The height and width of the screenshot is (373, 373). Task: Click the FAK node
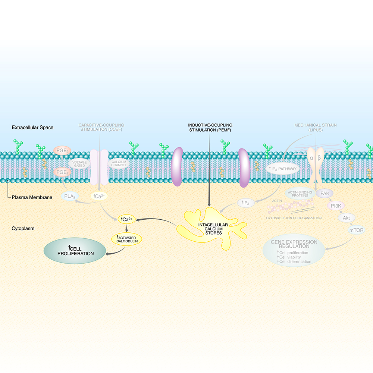(325, 193)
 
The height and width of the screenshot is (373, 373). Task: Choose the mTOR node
(356, 230)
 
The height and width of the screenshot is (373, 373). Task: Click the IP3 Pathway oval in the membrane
(282, 169)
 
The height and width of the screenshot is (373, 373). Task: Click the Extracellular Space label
(32, 128)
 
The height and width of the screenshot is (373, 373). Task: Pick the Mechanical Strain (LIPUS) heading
(315, 128)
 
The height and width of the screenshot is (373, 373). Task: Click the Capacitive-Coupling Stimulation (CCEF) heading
(101, 128)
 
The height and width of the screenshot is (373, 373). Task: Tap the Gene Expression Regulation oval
(294, 252)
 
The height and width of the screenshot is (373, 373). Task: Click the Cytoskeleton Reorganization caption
(294, 218)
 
